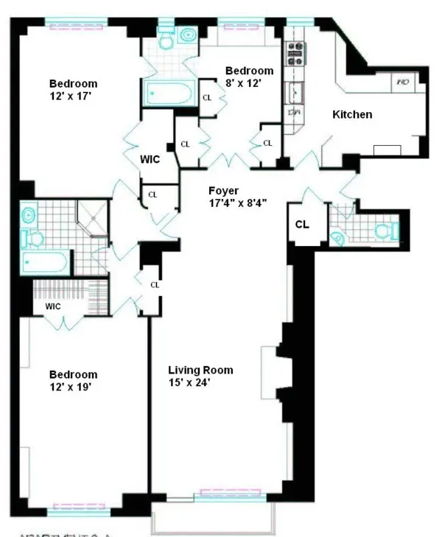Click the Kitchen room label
352,115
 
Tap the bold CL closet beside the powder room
303,224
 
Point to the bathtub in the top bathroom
169,94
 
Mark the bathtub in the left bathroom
46,261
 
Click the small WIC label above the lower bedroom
52,304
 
